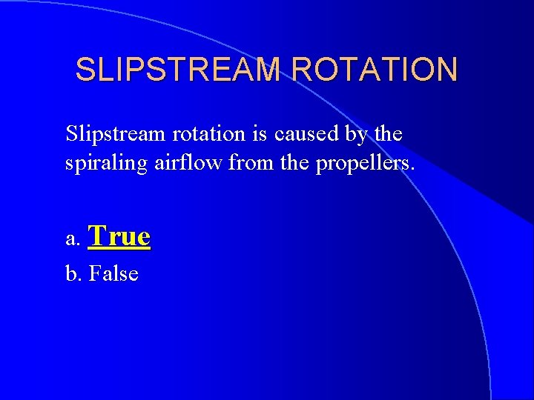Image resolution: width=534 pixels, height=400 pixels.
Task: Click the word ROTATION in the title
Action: (375, 70)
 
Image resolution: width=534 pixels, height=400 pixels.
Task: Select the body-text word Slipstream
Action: (117, 135)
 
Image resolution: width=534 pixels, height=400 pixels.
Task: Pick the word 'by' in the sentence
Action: (357, 136)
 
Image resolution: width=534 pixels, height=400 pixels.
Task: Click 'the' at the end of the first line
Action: (388, 135)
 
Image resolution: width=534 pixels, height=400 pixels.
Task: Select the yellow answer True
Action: (119, 236)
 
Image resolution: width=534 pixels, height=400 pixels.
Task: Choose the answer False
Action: (113, 274)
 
